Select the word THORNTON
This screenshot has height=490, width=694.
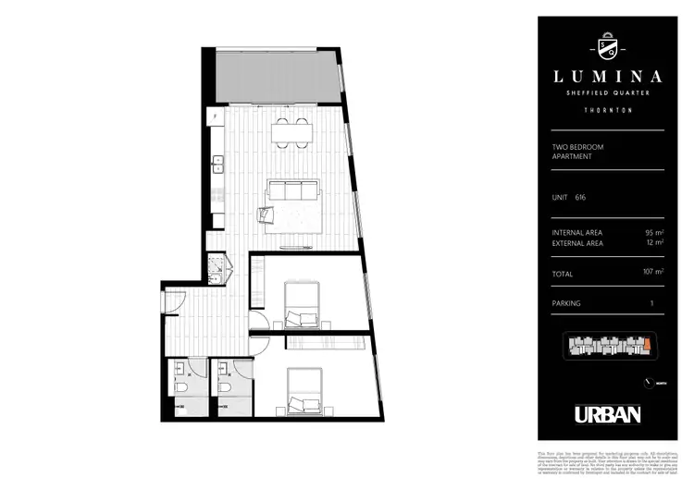pyautogui.click(x=601, y=110)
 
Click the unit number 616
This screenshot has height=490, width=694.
pyautogui.click(x=580, y=197)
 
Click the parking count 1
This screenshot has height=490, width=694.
pyautogui.click(x=651, y=303)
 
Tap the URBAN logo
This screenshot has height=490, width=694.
pyautogui.click(x=607, y=413)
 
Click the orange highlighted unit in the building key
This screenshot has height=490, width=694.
pyautogui.click(x=647, y=346)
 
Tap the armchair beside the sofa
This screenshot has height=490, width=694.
pyautogui.click(x=266, y=214)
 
